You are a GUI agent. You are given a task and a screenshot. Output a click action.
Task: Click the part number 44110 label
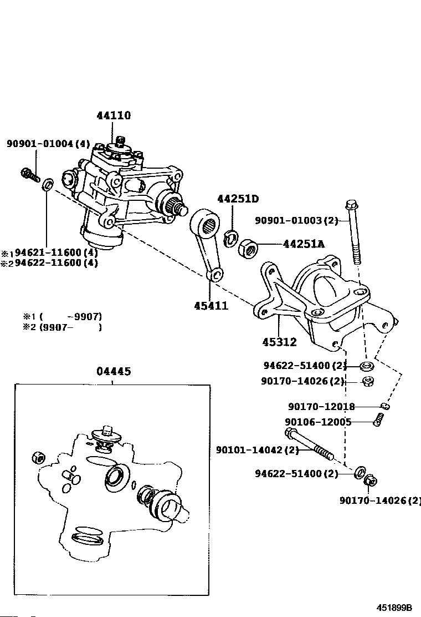114,116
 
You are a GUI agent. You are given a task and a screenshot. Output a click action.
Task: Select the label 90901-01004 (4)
48,144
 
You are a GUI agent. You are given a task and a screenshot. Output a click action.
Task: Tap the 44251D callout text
238,199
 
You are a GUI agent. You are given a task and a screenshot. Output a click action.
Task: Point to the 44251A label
304,243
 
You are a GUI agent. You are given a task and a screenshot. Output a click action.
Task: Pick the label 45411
211,305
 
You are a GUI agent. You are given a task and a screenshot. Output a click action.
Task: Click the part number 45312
280,342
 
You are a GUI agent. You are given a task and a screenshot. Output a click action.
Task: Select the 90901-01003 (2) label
296,220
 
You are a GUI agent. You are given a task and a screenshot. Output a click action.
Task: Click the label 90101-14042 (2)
258,450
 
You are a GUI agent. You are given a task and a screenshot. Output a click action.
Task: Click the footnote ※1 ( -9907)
62,317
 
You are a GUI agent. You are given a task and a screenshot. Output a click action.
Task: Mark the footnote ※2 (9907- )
62,327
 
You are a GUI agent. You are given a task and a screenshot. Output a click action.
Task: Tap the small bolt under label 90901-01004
29,174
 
